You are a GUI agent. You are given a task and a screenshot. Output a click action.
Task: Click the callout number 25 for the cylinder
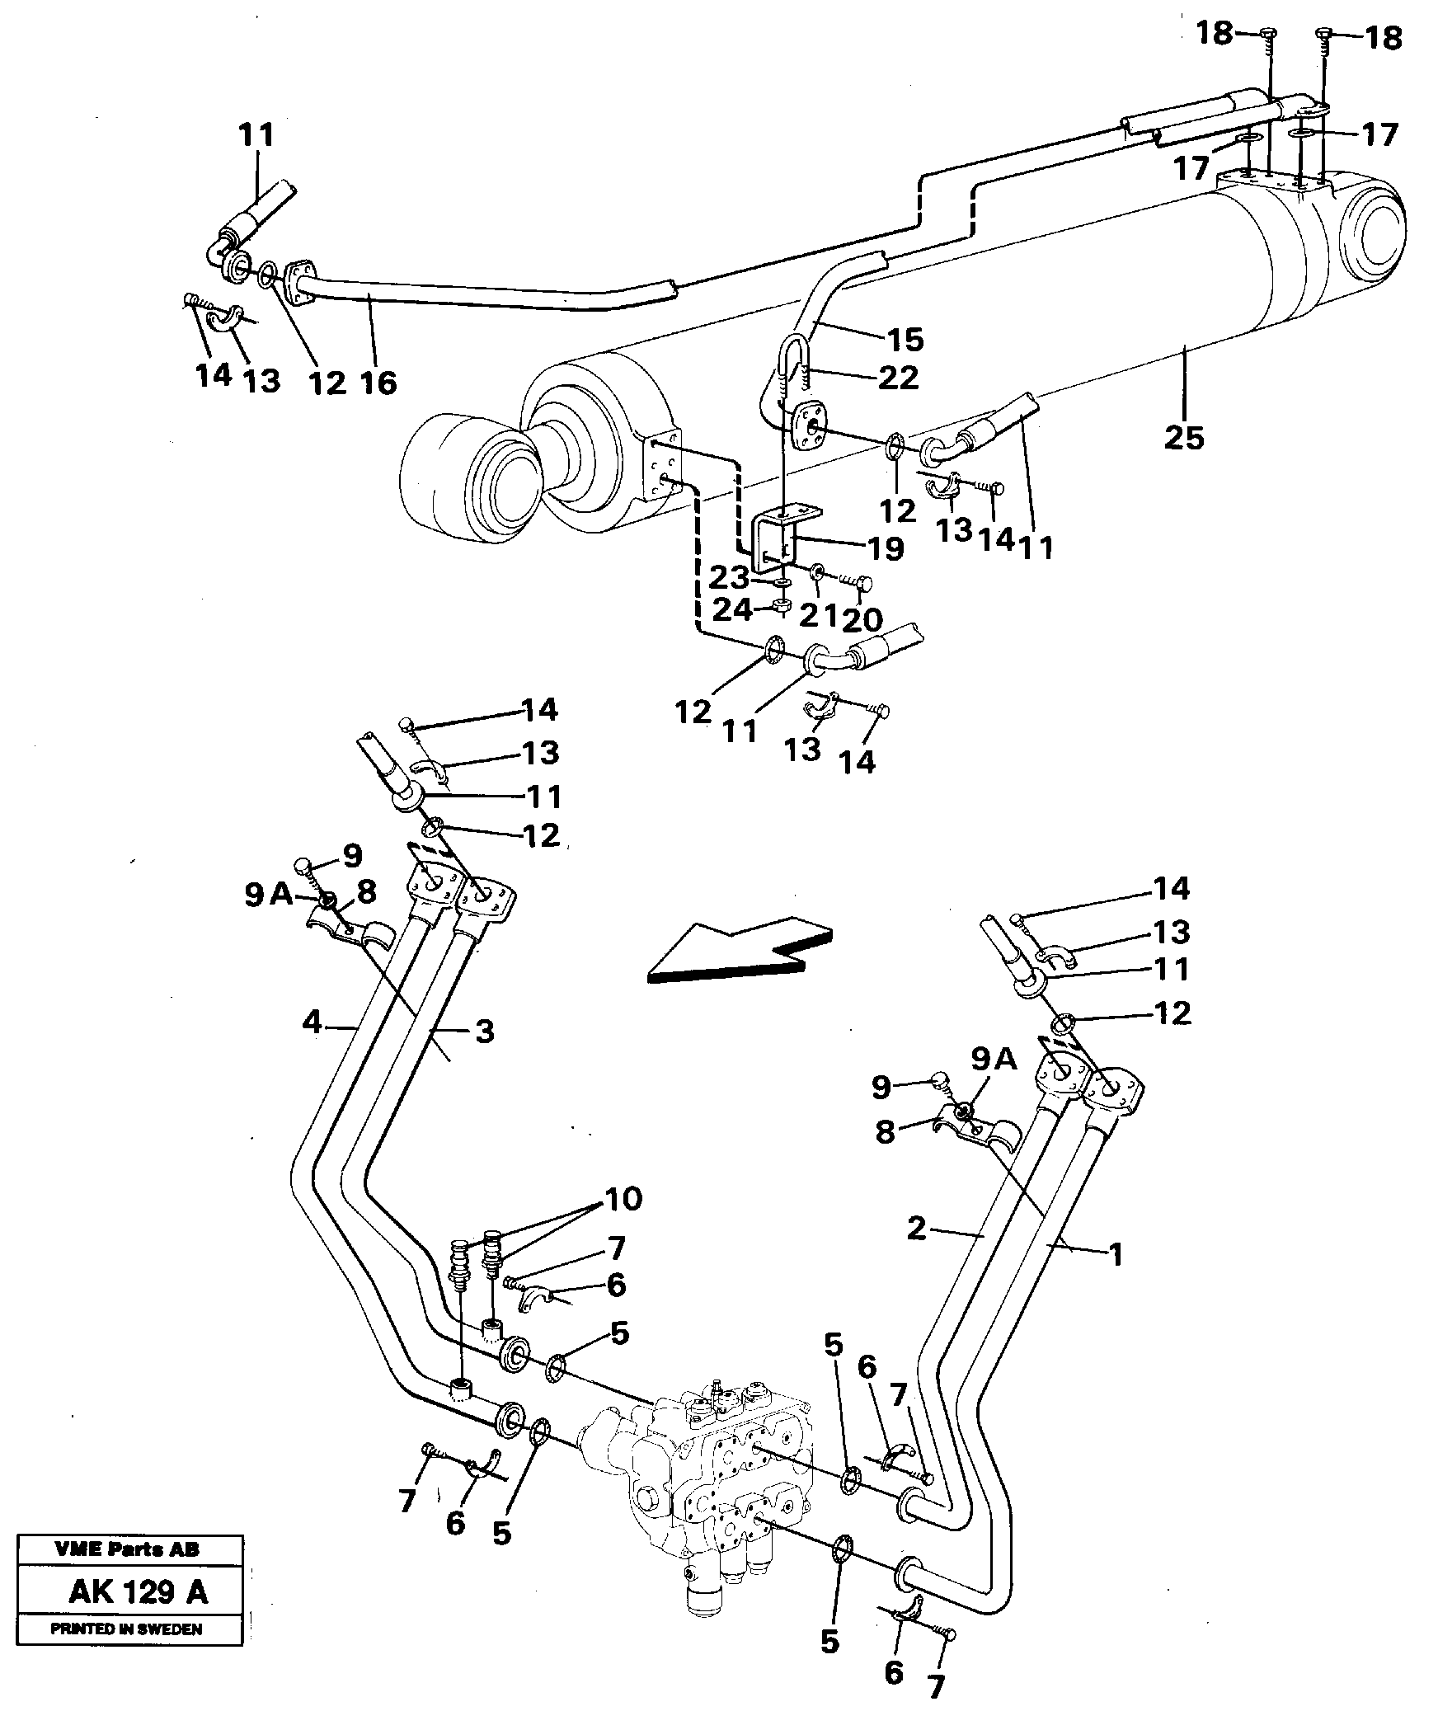[x=1183, y=437]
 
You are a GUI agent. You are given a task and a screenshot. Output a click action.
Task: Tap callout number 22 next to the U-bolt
[x=898, y=378]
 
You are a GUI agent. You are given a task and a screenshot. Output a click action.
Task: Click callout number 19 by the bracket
[x=886, y=548]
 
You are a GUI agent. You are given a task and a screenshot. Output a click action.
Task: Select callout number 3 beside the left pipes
[x=484, y=1031]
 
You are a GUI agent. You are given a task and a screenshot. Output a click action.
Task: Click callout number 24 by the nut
[x=732, y=610]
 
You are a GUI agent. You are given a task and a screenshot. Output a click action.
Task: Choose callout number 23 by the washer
[x=731, y=577]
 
